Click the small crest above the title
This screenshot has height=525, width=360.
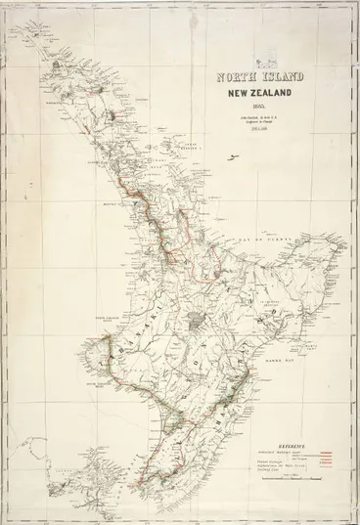tap(231, 66)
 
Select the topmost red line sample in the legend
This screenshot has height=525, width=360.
tap(326, 451)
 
